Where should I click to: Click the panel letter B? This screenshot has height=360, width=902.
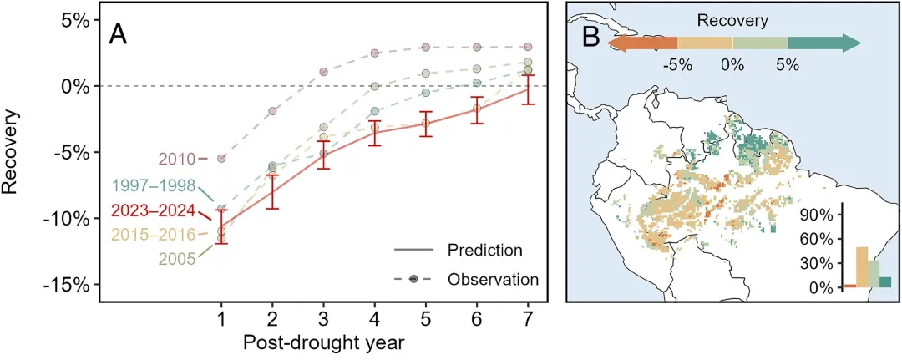click(x=591, y=36)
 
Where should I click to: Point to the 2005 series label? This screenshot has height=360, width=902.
click(x=174, y=260)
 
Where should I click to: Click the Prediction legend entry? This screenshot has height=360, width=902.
click(x=484, y=251)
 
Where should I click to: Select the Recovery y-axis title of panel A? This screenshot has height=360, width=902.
click(x=12, y=152)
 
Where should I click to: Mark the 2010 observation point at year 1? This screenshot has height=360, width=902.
click(x=221, y=158)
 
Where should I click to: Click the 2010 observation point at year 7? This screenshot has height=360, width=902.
click(x=528, y=47)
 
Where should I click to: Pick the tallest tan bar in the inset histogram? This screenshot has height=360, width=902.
click(x=862, y=267)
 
